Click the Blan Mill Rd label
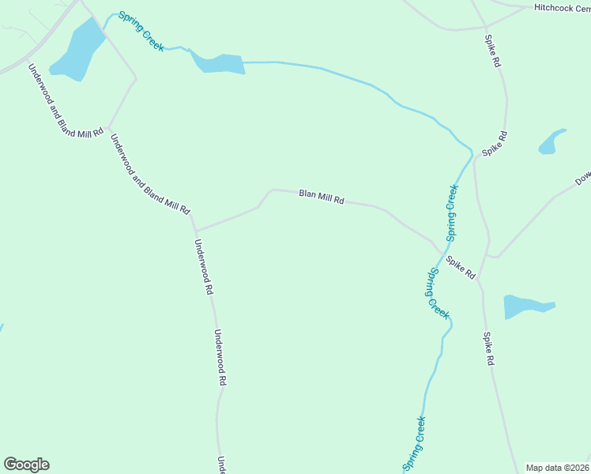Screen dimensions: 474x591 (x=322, y=197)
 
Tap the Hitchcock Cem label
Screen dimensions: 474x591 (x=562, y=7)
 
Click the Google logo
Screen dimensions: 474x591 (x=26, y=465)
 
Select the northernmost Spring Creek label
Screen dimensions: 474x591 (x=141, y=32)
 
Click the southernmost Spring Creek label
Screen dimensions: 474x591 (x=415, y=444)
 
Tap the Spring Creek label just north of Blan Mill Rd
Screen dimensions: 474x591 (x=452, y=213)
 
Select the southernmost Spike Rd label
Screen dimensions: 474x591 (x=489, y=348)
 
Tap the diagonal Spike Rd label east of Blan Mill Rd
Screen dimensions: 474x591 (x=460, y=267)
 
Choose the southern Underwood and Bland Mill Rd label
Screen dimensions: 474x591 (x=150, y=175)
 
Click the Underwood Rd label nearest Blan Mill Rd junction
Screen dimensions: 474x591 (x=204, y=267)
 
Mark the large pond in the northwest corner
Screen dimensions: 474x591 (x=77, y=50)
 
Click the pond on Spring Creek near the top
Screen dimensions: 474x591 (x=219, y=63)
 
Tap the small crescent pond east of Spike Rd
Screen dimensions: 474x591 (x=551, y=142)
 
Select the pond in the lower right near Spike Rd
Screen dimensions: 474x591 (x=525, y=306)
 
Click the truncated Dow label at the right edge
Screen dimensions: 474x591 (x=583, y=180)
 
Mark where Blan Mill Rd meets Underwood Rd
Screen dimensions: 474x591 (x=195, y=232)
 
